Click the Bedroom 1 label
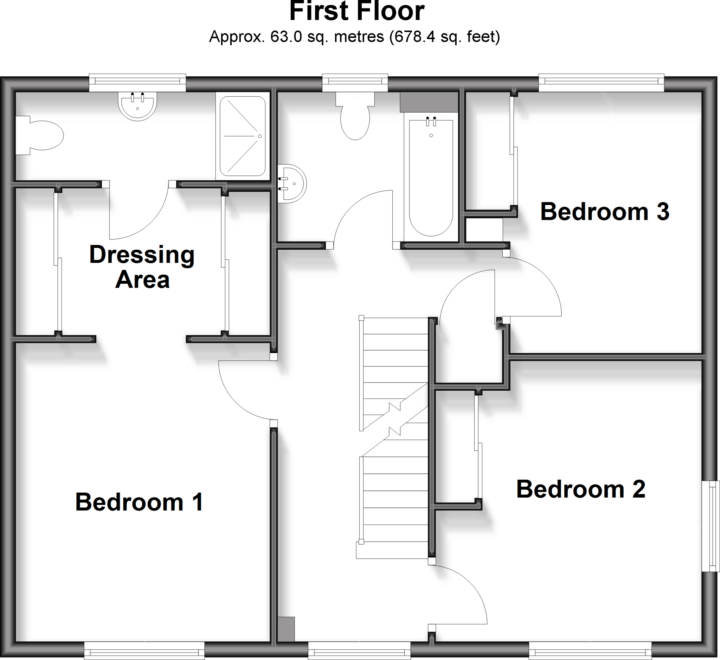click(139, 502)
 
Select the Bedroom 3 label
click(605, 211)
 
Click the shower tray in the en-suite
click(243, 136)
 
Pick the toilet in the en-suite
click(39, 135)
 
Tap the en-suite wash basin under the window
click(137, 106)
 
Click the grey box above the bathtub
click(429, 102)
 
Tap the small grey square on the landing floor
click(286, 629)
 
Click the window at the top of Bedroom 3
click(601, 83)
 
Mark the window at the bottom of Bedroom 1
click(144, 651)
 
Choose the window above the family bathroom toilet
click(355, 83)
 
